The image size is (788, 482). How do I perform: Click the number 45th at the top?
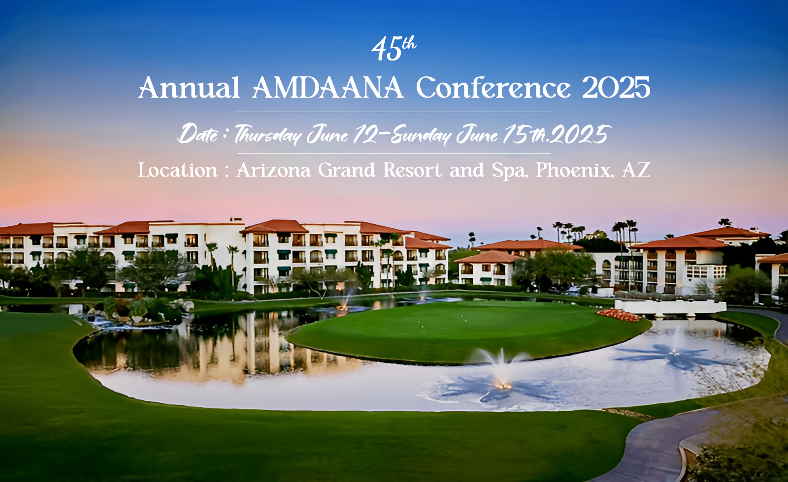[x=394, y=49]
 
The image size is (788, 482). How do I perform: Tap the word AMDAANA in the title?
[x=328, y=88]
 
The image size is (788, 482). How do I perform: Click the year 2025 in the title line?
[x=616, y=88]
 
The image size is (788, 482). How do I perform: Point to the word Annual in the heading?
[x=189, y=88]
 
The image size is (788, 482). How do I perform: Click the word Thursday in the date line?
[x=268, y=135]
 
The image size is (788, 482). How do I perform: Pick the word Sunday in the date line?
[x=421, y=135]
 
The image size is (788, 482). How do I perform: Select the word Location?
[x=178, y=170]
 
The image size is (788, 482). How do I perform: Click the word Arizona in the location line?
[x=274, y=170]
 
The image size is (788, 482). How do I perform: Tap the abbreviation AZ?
[x=636, y=170]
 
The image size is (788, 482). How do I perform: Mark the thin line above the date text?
[x=394, y=112]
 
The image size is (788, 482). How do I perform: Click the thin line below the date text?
[x=394, y=153]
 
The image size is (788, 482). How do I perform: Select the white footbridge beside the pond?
[x=670, y=307]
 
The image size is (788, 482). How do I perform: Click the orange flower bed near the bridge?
[x=619, y=315]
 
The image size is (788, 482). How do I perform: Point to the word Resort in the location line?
[x=412, y=170]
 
